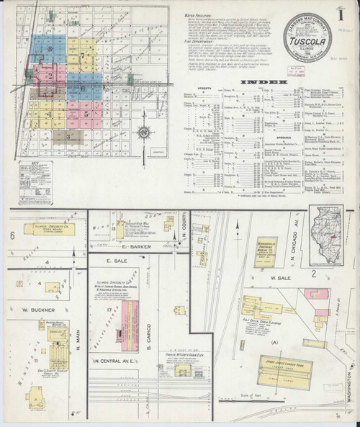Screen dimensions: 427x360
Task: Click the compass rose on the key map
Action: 145,132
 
